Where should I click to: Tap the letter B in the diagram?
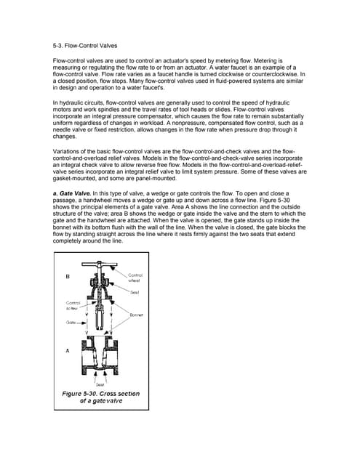pos(68,276)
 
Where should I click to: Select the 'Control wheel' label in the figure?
pos(135,277)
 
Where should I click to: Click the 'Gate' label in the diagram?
pos(72,320)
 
